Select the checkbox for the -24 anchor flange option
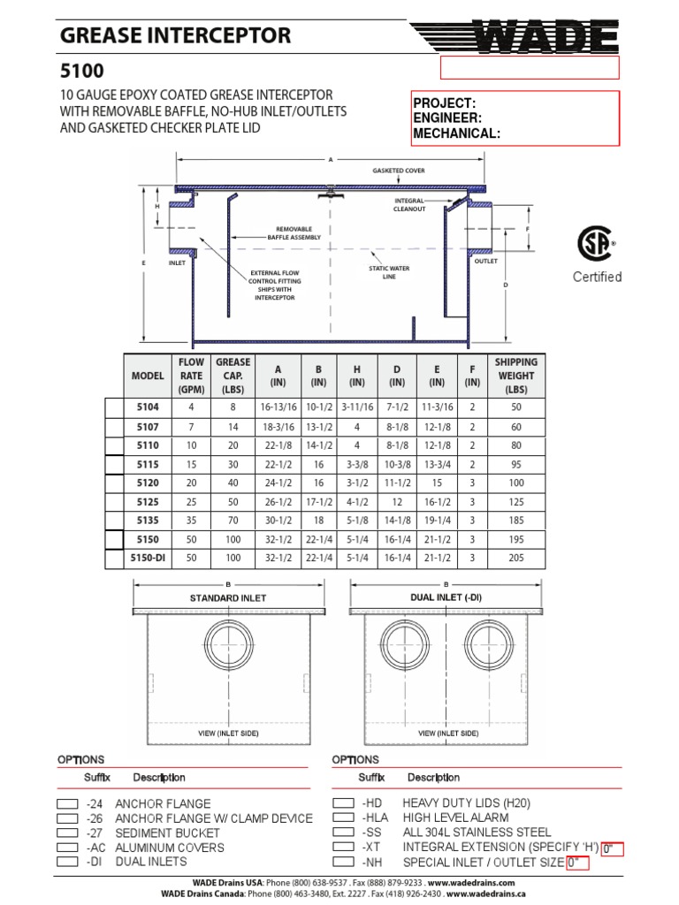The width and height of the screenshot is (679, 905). pos(67,804)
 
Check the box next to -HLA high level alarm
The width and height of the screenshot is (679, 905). pos(343,818)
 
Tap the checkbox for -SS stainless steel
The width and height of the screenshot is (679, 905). pos(343,833)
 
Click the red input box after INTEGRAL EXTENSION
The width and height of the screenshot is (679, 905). pos(612,849)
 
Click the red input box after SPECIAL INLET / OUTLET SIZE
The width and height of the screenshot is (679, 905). pos(577,863)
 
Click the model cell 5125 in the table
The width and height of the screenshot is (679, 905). pos(148,501)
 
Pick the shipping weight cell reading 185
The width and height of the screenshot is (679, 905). pos(515,521)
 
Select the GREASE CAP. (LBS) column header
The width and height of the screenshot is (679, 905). pos(233,376)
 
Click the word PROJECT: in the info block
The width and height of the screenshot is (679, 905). pos(445,103)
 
